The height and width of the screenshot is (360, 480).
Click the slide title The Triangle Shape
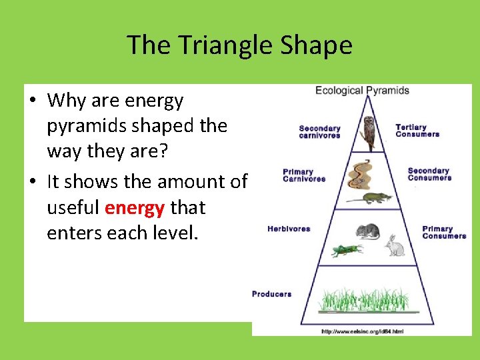(239, 45)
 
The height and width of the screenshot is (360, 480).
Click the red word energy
(135, 208)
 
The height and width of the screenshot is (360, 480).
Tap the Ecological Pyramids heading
(362, 91)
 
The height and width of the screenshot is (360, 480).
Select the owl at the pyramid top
(367, 133)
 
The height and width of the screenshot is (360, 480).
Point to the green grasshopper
(347, 250)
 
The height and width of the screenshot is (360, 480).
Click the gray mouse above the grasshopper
(367, 231)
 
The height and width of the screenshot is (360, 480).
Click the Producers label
(271, 294)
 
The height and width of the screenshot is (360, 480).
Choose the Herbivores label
(289, 229)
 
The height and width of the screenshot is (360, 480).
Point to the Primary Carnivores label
(304, 175)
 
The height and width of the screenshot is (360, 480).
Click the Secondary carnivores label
(319, 132)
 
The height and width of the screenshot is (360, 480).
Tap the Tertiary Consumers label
(417, 131)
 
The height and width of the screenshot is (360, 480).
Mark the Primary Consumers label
(443, 232)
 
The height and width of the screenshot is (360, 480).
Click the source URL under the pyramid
(362, 331)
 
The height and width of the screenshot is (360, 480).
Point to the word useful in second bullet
(73, 208)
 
